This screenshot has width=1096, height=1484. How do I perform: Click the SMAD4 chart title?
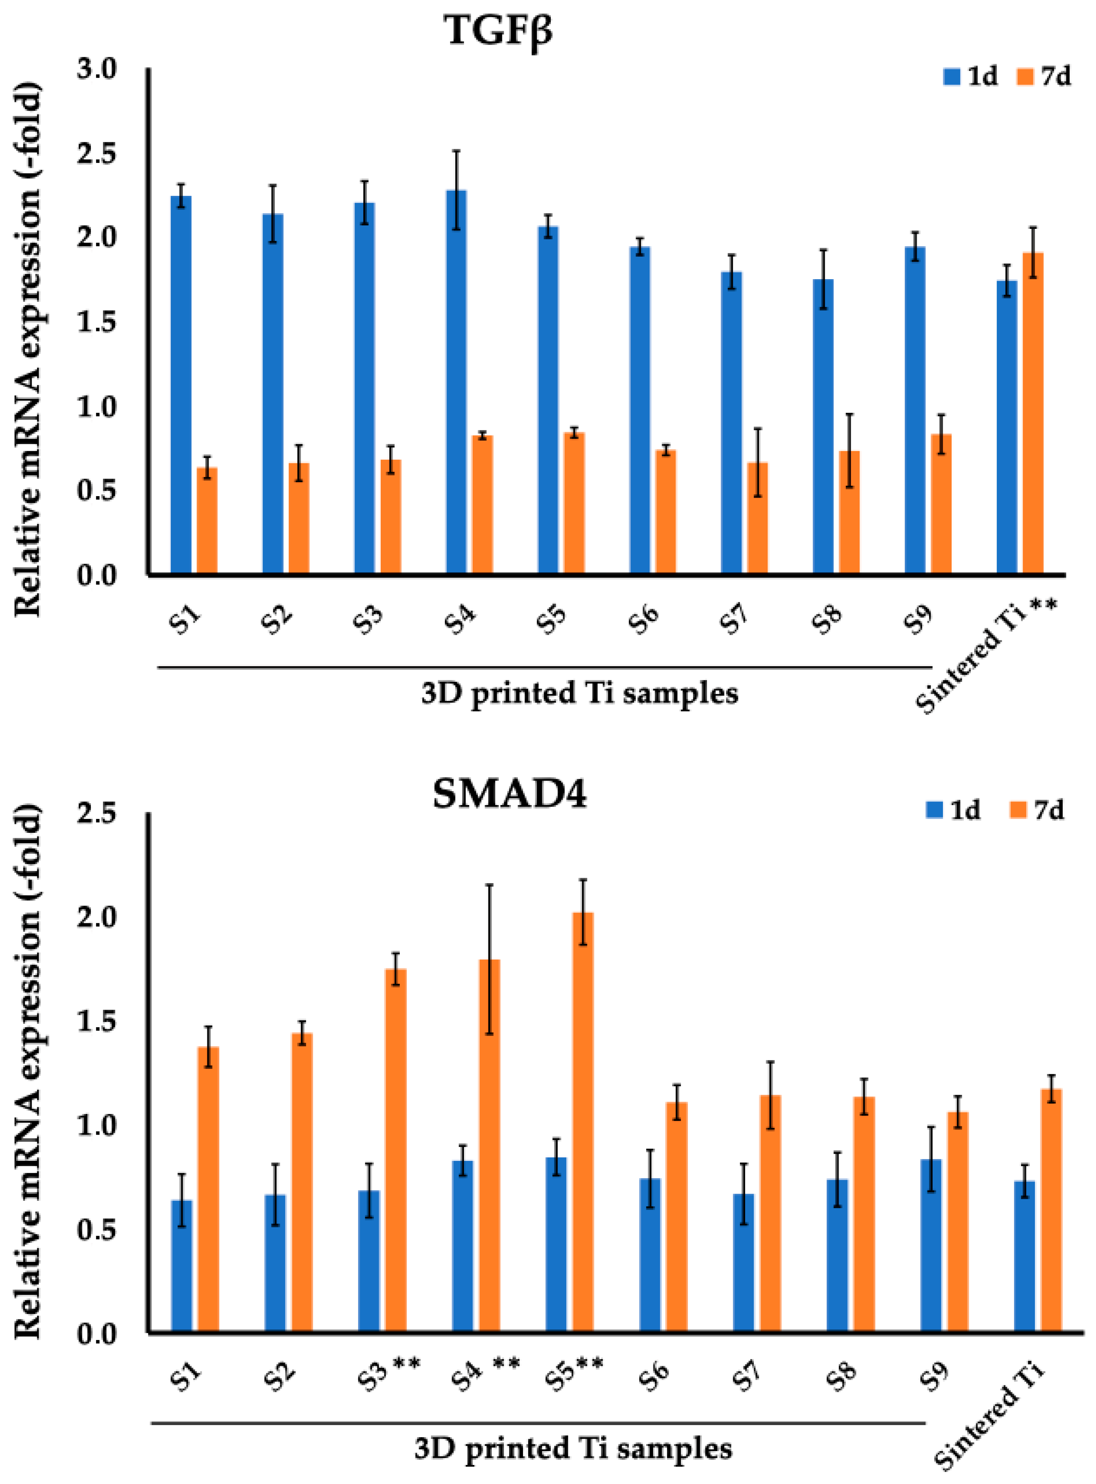pos(510,794)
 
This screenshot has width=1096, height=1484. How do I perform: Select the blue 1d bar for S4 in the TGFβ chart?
pos(456,382)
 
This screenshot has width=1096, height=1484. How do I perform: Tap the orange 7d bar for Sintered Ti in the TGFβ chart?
pos(1033,412)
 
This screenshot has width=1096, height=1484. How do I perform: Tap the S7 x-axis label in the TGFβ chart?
pos(735,619)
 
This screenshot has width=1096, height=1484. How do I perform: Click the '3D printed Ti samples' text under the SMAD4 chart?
pos(573,1449)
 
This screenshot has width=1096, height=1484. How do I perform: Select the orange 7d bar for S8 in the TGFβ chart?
pos(849,512)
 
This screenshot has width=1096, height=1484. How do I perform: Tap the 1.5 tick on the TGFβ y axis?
pos(97,322)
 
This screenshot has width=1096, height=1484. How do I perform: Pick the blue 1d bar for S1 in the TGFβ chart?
pos(181,384)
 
